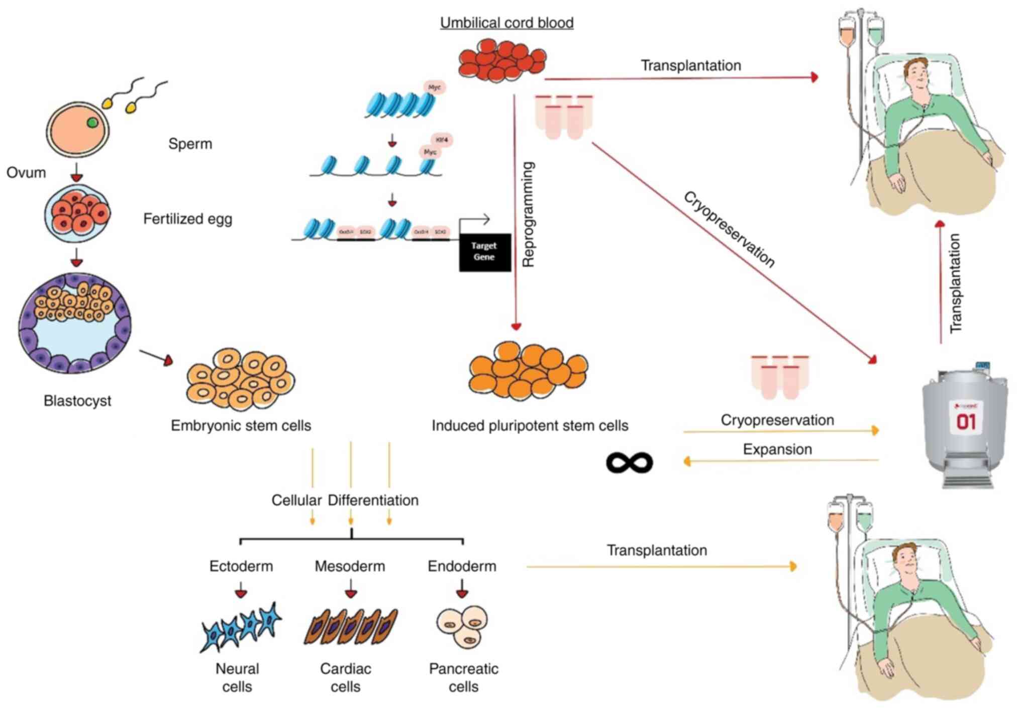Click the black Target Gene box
484,252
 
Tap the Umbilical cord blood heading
506,23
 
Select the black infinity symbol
629,462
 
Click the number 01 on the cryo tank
966,421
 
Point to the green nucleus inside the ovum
92,122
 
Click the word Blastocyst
77,401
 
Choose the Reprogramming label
529,215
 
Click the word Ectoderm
241,566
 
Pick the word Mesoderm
350,566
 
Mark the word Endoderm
462,566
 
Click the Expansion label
777,449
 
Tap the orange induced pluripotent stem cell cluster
528,371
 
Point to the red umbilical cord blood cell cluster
501,61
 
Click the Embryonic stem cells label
241,426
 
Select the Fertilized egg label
187,219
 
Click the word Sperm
190,144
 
